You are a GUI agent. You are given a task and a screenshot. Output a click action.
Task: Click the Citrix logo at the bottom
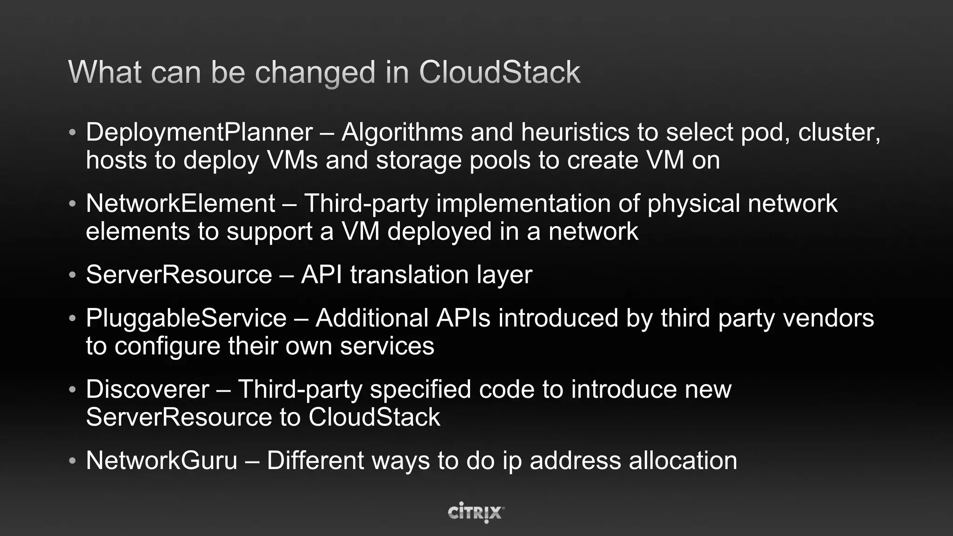pyautogui.click(x=476, y=512)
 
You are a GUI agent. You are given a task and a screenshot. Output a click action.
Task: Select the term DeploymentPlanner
pyautogui.click(x=199, y=133)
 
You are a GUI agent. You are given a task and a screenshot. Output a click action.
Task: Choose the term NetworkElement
pyautogui.click(x=181, y=204)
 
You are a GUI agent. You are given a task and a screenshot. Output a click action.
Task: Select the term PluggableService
pyautogui.click(x=186, y=318)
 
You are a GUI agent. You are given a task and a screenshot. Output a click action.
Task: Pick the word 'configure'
pyautogui.click(x=167, y=347)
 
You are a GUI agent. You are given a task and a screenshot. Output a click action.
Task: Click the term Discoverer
pyautogui.click(x=148, y=389)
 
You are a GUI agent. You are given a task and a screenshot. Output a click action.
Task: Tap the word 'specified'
pyautogui.click(x=420, y=389)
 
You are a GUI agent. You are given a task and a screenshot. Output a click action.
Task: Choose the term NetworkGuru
pyautogui.click(x=161, y=461)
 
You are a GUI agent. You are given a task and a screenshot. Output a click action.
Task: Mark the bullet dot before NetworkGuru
pyautogui.click(x=72, y=461)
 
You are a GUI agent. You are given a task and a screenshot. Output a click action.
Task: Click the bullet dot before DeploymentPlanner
pyautogui.click(x=72, y=133)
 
